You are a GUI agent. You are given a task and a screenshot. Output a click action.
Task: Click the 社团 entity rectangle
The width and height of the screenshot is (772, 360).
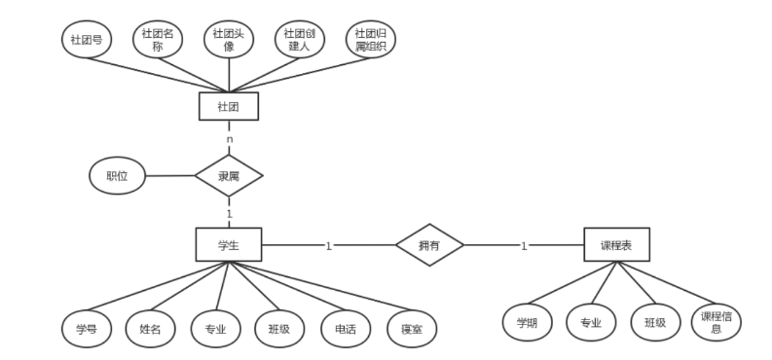click(229, 106)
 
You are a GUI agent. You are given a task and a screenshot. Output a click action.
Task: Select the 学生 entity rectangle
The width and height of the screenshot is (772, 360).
click(229, 245)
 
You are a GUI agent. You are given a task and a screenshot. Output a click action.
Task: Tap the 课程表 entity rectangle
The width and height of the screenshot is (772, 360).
click(616, 245)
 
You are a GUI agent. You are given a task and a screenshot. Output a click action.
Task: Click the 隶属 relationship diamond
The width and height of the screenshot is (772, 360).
click(229, 176)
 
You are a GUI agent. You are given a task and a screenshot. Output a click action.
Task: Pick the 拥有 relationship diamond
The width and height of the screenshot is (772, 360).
click(428, 245)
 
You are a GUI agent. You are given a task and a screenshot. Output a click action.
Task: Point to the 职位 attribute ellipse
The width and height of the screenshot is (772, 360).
click(117, 176)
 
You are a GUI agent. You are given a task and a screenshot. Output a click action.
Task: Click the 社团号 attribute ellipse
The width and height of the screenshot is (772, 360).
click(86, 41)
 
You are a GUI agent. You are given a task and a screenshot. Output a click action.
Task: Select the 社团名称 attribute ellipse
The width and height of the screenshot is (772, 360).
click(157, 41)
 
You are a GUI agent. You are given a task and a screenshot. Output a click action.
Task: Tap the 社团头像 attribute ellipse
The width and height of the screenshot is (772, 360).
click(229, 41)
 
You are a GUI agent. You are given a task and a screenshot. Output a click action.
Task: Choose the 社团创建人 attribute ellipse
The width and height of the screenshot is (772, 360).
click(300, 41)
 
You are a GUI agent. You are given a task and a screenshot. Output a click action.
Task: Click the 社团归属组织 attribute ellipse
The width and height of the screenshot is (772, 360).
click(371, 41)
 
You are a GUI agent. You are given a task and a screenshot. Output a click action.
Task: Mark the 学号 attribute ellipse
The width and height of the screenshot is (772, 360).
click(86, 329)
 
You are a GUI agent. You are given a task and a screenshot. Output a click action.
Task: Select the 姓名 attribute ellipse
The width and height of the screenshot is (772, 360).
click(150, 329)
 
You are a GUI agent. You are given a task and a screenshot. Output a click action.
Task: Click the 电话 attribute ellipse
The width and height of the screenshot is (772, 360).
click(346, 329)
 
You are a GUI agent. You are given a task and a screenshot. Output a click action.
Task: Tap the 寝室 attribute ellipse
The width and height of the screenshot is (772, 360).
click(411, 329)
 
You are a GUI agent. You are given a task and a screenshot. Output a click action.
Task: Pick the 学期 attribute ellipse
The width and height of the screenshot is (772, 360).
click(527, 322)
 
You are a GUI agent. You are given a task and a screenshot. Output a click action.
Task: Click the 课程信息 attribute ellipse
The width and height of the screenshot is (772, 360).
click(717, 322)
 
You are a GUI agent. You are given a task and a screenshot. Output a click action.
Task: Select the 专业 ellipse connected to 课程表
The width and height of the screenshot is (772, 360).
click(591, 322)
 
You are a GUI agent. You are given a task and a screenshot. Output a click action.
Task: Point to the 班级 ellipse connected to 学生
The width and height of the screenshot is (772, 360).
click(280, 329)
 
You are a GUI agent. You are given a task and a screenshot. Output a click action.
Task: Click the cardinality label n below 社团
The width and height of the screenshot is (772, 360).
click(230, 139)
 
